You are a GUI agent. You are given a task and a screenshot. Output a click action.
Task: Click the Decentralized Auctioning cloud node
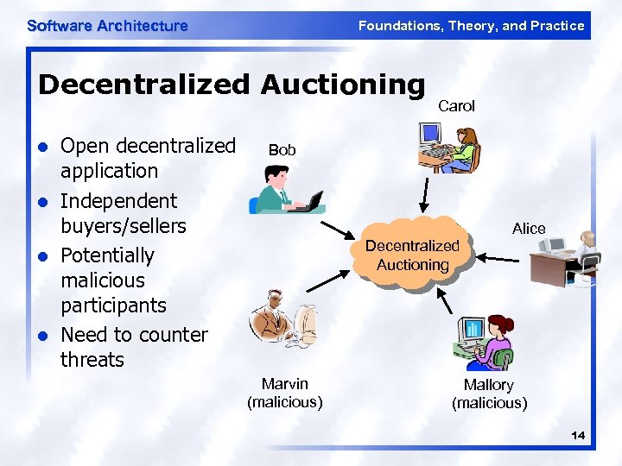point(412,255)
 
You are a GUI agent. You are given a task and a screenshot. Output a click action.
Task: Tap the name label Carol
point(456,106)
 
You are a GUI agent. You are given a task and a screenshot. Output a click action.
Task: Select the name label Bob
point(282,149)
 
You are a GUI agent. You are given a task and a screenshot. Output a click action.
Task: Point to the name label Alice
point(529,229)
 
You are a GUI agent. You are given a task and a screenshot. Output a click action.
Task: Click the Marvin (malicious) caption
point(285,393)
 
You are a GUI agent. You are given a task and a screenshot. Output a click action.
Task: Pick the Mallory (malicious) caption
point(489,394)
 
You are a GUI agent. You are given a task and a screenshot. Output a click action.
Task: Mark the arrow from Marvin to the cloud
point(329,277)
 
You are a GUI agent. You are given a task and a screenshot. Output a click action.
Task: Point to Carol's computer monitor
point(428,135)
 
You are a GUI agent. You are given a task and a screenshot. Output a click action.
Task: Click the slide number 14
point(577,436)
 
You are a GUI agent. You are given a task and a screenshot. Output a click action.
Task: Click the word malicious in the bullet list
point(103,280)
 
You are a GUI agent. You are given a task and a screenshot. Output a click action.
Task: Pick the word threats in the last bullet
point(92,360)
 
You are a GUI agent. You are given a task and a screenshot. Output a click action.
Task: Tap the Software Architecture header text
point(107,26)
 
